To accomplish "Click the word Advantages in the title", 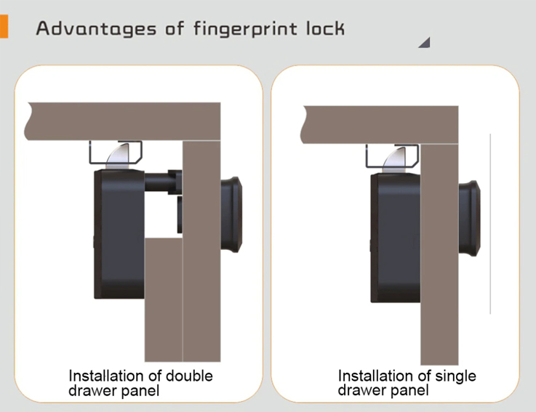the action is click(x=97, y=28).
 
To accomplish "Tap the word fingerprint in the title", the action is click(x=245, y=28).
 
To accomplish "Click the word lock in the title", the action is click(x=325, y=28).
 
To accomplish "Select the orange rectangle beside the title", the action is click(x=4, y=26).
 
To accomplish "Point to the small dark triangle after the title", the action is click(x=425, y=43).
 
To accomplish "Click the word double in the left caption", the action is click(x=189, y=376).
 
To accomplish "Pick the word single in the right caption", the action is click(x=456, y=376).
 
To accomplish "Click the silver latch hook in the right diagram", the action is click(x=395, y=160).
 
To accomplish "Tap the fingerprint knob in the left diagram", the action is click(x=231, y=214).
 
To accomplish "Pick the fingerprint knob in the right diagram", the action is click(x=469, y=218).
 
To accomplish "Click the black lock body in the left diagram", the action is click(x=119, y=235).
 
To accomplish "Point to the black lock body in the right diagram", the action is click(x=396, y=238).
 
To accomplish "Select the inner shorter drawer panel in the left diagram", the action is click(x=164, y=299).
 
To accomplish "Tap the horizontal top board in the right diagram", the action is click(x=380, y=125).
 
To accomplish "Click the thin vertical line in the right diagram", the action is click(x=490, y=224).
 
